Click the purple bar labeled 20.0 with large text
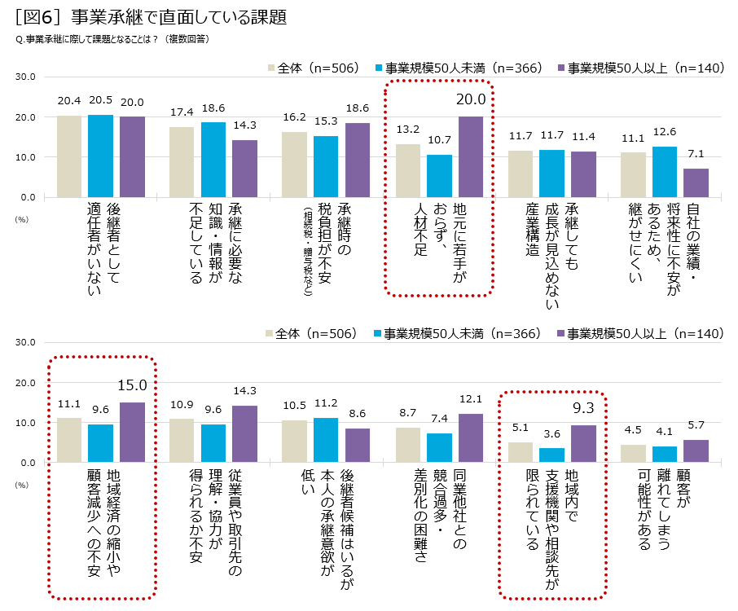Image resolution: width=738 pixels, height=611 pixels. click(x=470, y=156)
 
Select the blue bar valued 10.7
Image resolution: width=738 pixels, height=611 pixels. click(x=439, y=176)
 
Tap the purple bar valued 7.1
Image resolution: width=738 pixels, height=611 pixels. click(x=696, y=182)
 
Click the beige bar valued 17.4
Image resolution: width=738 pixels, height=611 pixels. click(x=182, y=162)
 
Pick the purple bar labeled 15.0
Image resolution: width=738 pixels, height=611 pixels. click(x=132, y=433)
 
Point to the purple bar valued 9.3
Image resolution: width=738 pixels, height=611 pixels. click(x=583, y=444)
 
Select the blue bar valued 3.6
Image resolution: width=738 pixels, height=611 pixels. click(x=551, y=455)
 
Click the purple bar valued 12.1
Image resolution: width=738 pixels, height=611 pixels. click(x=471, y=438)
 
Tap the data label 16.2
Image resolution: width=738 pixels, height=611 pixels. click(x=294, y=117)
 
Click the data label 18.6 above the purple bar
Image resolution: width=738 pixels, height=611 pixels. click(x=358, y=108)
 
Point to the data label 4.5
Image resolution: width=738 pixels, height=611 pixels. click(x=632, y=431)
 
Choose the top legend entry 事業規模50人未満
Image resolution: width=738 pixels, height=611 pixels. click(x=463, y=68)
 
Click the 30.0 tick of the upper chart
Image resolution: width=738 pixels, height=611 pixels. click(x=24, y=77)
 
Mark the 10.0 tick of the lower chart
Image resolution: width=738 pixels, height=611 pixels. click(x=24, y=423)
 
